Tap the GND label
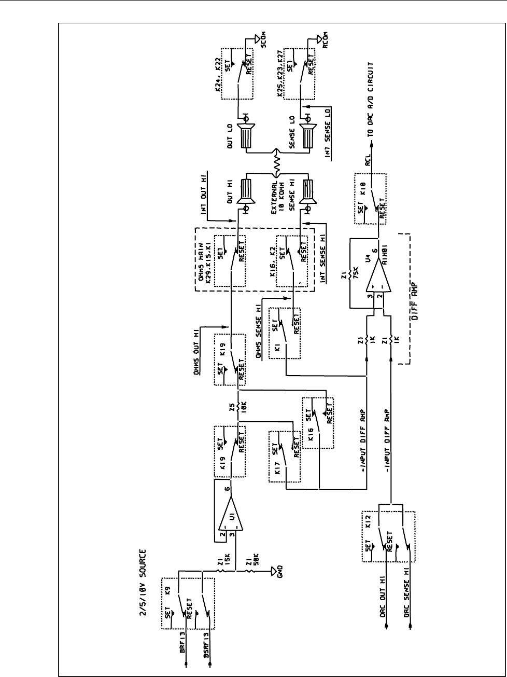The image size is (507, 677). coord(280,572)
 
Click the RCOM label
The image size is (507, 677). coord(325,40)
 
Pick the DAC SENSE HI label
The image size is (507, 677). coord(407,598)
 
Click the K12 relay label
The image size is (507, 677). coord(370,521)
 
